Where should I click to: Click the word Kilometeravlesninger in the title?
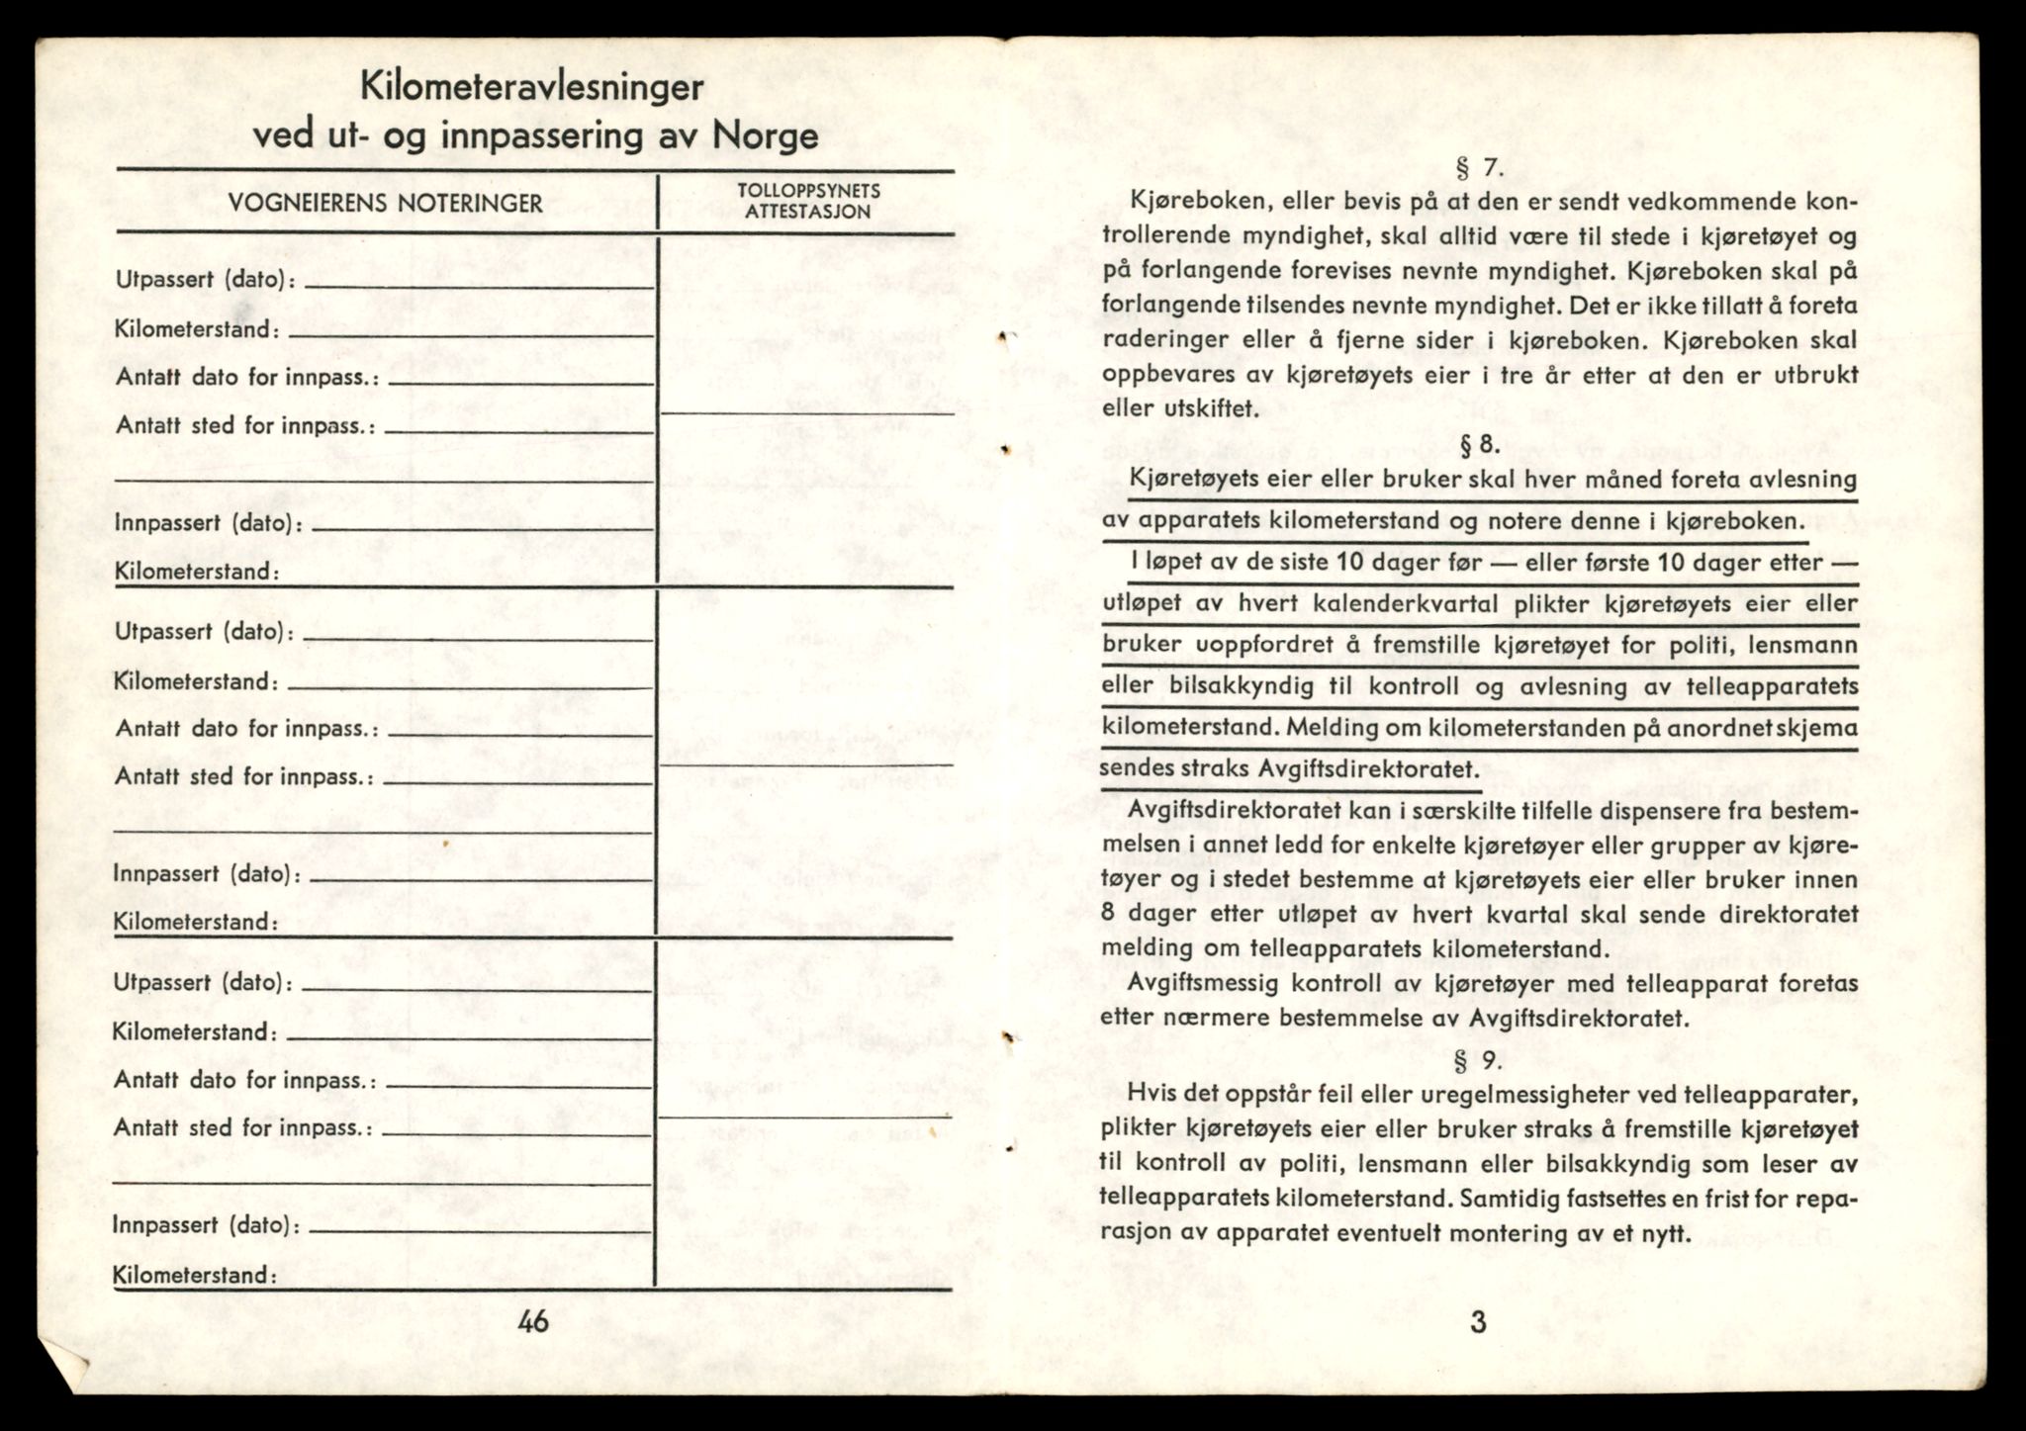click(x=531, y=87)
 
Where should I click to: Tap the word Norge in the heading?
click(x=765, y=134)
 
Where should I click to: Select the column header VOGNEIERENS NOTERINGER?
click(x=385, y=204)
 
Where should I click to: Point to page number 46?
click(x=532, y=1321)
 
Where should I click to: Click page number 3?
click(x=1478, y=1321)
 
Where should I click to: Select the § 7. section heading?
click(x=1479, y=167)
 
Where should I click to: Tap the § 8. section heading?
click(x=1479, y=446)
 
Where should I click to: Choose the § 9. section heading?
click(x=1478, y=1062)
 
